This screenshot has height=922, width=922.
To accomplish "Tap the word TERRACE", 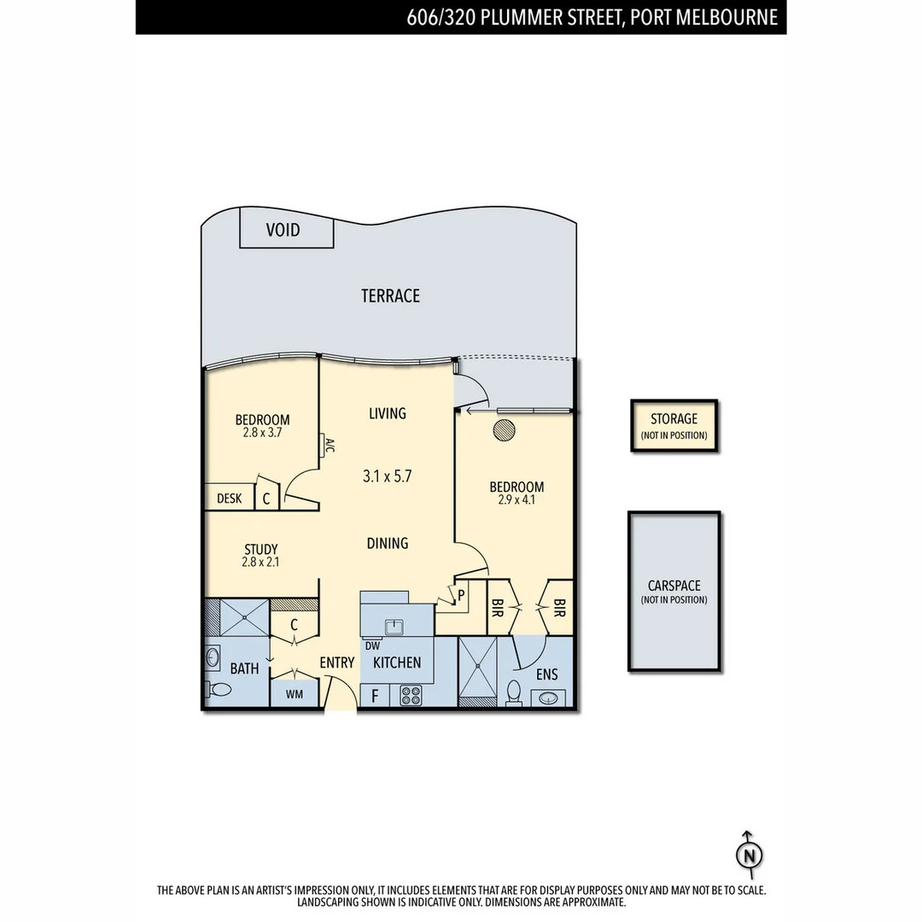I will (390, 296).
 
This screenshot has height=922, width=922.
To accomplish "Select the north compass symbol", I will (749, 855).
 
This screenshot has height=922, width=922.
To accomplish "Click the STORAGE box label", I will (674, 419).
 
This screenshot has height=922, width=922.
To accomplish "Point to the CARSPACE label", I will (674, 586).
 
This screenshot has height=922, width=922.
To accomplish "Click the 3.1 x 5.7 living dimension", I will (387, 476).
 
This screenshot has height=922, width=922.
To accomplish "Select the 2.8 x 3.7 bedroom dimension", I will (262, 433).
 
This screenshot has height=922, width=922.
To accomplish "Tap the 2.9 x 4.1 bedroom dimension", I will (516, 500).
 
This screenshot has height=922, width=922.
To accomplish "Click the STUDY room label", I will (260, 549).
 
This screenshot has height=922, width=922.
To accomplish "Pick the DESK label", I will (229, 499).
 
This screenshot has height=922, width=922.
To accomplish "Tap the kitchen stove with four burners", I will (411, 695).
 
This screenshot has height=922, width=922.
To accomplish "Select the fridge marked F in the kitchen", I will (374, 696).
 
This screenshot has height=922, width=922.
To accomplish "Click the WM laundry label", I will (294, 694).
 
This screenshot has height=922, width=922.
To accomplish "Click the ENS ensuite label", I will (546, 674).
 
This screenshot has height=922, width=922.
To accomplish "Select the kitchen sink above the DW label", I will (394, 627).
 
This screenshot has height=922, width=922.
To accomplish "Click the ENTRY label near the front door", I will (336, 662).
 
